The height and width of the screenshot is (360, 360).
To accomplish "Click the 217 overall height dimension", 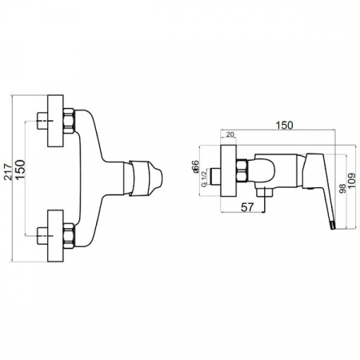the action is point(8,172).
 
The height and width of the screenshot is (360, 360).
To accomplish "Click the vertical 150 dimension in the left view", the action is point(20,170).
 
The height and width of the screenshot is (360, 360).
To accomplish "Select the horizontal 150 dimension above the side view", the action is point(284,125).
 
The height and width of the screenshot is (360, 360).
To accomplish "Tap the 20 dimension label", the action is point(230,134).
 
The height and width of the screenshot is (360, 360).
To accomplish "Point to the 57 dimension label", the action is point(247,207).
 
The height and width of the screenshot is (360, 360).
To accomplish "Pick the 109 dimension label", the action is point(352,181).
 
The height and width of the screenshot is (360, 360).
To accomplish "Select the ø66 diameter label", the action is point(195,166).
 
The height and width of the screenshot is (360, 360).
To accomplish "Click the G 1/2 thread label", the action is point(204,178).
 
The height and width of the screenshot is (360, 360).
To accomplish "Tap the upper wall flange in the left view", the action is point(55,121).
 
